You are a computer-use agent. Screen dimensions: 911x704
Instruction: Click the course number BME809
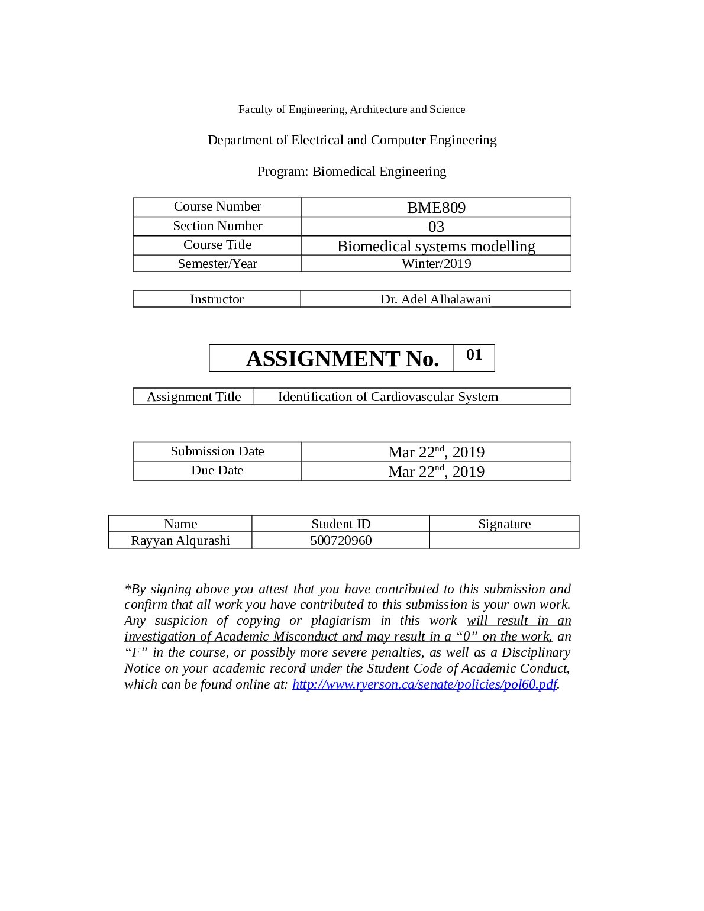point(436,208)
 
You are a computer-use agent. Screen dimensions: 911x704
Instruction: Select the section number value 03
point(436,227)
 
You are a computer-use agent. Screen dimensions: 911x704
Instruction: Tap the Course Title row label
point(217,245)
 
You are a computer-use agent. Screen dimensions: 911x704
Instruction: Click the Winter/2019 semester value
point(436,264)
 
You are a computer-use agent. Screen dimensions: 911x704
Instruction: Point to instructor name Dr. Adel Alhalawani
point(435,299)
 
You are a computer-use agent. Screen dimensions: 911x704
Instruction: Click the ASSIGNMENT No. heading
point(342,358)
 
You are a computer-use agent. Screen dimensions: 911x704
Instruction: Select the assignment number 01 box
point(474,355)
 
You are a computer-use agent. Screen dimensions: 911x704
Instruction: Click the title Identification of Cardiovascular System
point(388,397)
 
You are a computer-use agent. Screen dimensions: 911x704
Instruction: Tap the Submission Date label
point(217,451)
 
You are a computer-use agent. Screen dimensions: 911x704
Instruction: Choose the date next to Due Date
point(436,471)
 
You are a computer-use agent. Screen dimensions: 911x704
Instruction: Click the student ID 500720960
point(341,541)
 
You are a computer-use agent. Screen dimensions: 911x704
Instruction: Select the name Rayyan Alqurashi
point(180,541)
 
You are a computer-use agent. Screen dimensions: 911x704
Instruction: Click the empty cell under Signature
point(504,541)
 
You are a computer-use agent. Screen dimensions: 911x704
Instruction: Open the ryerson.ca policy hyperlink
point(425,684)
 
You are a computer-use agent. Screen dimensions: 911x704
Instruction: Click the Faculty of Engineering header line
point(351,109)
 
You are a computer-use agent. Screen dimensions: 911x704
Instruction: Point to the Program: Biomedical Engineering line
point(351,172)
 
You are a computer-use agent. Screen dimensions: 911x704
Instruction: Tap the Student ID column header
point(341,524)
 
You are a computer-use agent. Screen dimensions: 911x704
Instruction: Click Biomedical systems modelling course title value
point(436,246)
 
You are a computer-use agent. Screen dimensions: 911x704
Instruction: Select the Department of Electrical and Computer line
point(351,140)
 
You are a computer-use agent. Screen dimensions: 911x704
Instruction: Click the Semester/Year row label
point(217,264)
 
